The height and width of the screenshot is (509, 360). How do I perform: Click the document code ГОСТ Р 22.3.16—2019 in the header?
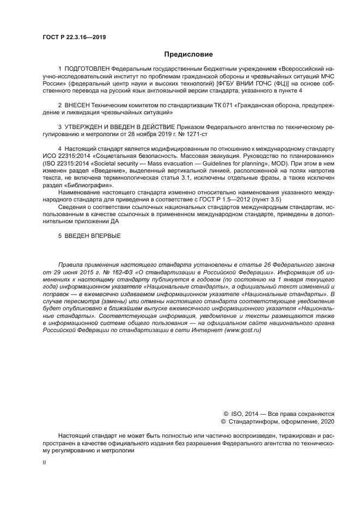click(x=74, y=38)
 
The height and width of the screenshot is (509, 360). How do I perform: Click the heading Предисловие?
click(x=188, y=54)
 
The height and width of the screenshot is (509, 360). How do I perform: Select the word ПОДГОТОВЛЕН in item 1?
click(x=87, y=69)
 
